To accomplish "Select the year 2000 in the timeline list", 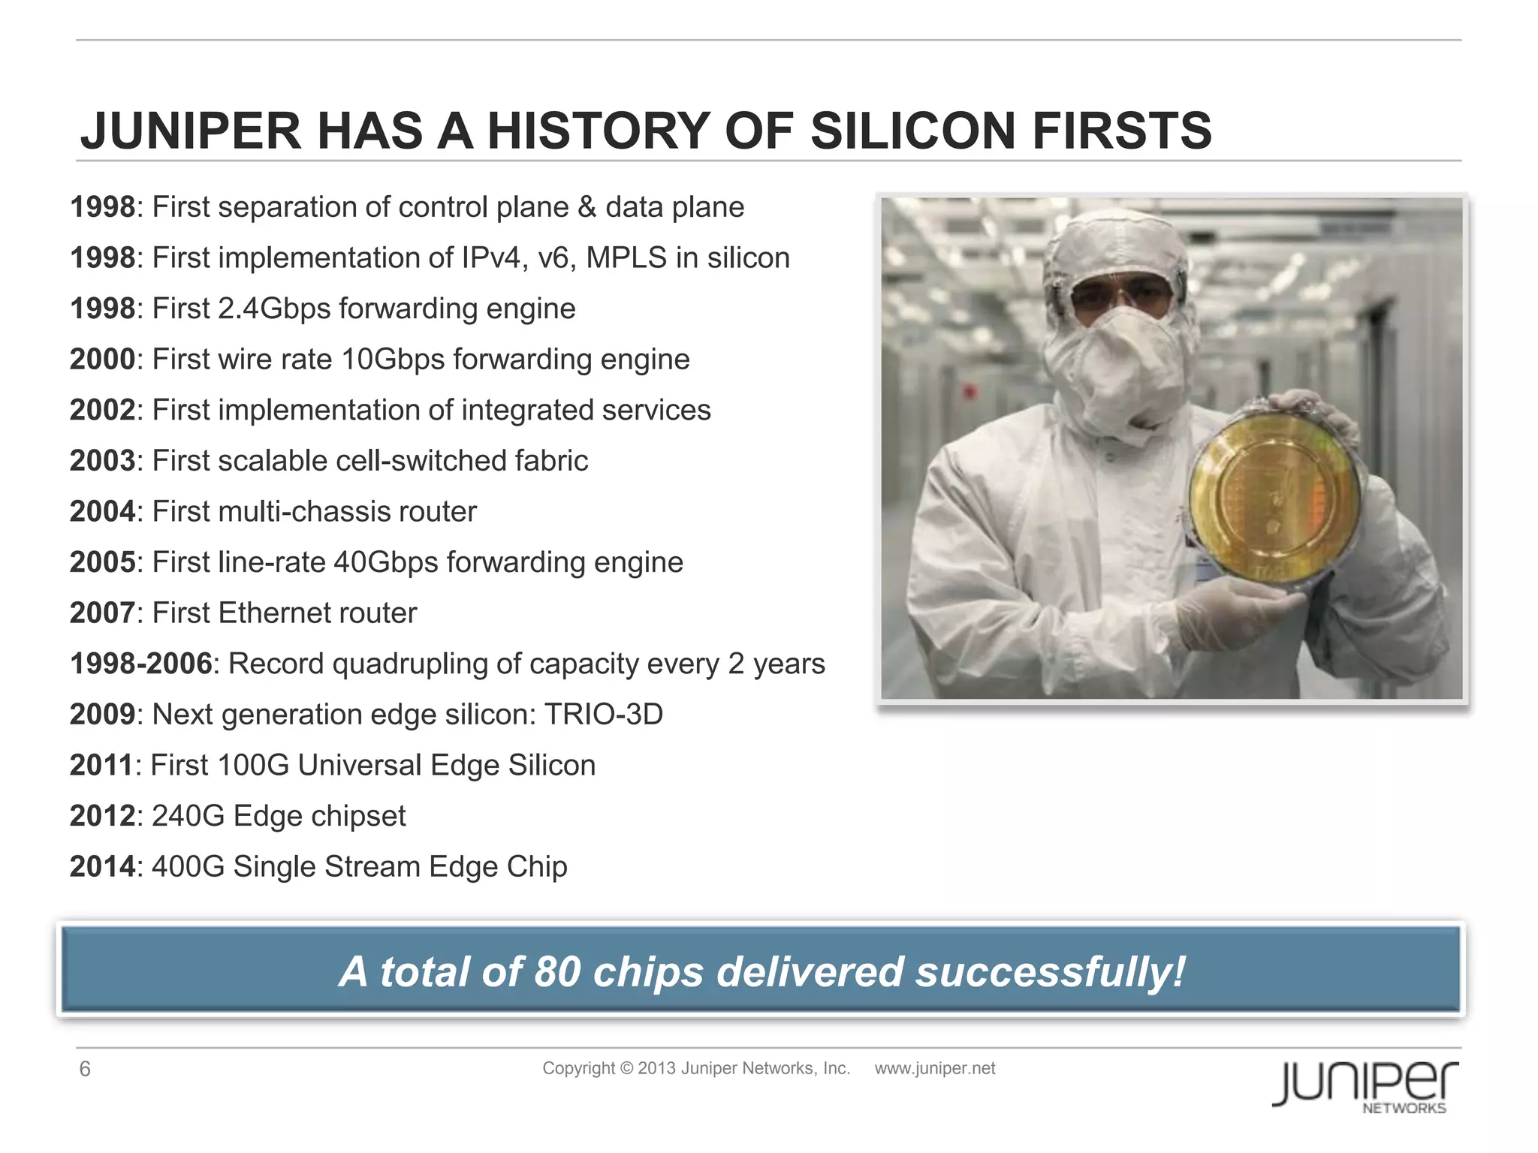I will pos(102,360).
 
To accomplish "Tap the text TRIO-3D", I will pos(603,715).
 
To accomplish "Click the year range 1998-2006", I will pos(141,664).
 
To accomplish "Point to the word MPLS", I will pos(626,258).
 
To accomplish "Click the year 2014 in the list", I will pos(102,867).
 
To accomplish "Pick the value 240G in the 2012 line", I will pos(188,816).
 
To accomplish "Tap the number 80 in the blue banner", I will pos(557,971).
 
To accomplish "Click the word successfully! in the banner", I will pos(1050,971).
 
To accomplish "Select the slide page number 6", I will pos(85,1069).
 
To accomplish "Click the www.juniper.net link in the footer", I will pos(934,1068).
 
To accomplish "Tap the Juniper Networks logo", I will pos(1365,1085).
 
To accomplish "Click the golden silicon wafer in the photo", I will pos(1274,495).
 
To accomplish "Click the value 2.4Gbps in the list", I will pos(273,309).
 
